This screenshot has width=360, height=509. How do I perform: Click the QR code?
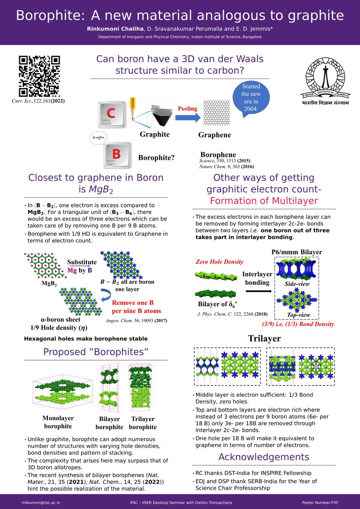pos(39,76)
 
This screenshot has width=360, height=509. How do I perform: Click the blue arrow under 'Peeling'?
pos(187,118)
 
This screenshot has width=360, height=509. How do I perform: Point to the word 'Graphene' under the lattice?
pos(215,135)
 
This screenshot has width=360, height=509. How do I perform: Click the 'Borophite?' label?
pos(156,158)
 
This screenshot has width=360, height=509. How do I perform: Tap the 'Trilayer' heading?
pos(265,339)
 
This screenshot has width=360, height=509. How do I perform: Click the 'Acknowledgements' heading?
pos(263,457)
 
